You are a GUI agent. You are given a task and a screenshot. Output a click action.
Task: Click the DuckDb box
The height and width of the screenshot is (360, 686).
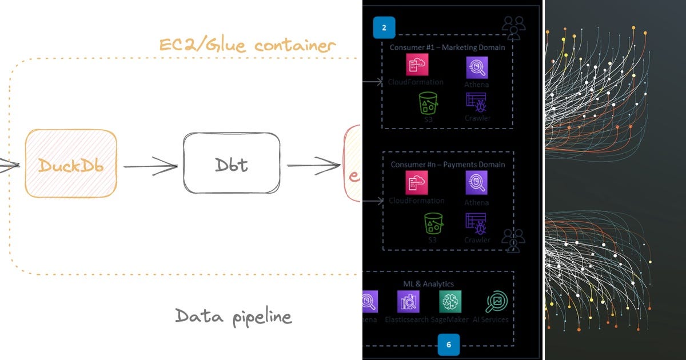pyautogui.click(x=71, y=163)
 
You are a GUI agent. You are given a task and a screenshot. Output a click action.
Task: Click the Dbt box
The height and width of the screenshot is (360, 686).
pyautogui.click(x=232, y=163)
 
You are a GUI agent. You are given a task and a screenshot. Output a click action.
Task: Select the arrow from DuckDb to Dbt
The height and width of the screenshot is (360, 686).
pyautogui.click(x=150, y=166)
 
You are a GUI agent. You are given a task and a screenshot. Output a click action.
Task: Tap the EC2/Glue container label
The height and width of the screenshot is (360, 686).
pyautogui.click(x=246, y=46)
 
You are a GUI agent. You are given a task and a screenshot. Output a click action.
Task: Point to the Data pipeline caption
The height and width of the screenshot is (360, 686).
pyautogui.click(x=233, y=315)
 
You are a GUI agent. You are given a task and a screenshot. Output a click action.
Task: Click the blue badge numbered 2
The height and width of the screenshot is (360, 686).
pyautogui.click(x=384, y=27)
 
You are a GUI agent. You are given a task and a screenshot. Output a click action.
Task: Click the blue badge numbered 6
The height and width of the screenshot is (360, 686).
pyautogui.click(x=448, y=344)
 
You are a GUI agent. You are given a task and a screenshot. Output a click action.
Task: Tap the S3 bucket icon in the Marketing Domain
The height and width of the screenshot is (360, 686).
pyautogui.click(x=428, y=103)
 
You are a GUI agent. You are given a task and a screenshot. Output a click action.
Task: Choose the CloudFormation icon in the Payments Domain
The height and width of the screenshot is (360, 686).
pyautogui.click(x=417, y=183)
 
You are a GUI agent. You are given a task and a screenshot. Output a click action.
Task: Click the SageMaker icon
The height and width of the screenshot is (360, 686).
pyautogui.click(x=450, y=302)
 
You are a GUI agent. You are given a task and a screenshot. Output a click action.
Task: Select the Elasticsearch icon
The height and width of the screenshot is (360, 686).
pyautogui.click(x=408, y=302)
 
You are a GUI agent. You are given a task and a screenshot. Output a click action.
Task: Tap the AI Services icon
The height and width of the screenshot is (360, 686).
pyautogui.click(x=495, y=302)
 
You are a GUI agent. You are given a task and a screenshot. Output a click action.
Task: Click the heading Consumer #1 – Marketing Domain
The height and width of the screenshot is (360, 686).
pyautogui.click(x=447, y=47)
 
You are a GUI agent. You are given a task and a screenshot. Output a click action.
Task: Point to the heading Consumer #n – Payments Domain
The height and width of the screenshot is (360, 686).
pyautogui.click(x=447, y=165)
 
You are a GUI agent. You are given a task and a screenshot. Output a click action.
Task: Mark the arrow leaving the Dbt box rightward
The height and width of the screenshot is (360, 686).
pyautogui.click(x=313, y=166)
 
